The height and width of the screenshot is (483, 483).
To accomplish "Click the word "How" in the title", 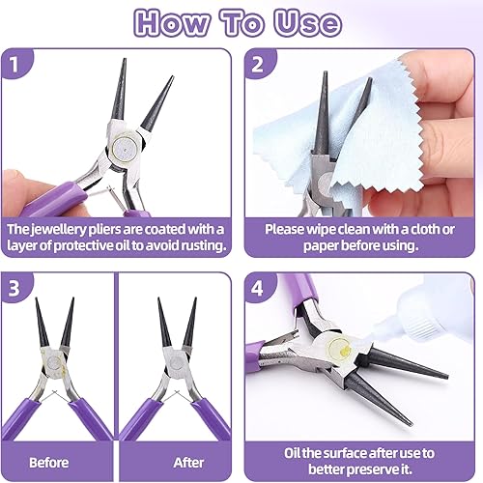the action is point(172,22).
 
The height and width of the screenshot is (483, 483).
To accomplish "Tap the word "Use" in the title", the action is point(307,22).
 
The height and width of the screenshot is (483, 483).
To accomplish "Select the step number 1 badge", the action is point(14,64).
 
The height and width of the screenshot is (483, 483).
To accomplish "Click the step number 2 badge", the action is point(257,65).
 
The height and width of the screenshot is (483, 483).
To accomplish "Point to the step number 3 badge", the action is point(14,288).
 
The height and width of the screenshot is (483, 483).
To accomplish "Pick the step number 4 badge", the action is point(257,288).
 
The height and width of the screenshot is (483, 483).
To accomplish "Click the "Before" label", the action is point(49,463).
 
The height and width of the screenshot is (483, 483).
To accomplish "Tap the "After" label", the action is point(188,463).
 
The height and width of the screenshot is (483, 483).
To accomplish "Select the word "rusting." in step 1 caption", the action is point(203,245).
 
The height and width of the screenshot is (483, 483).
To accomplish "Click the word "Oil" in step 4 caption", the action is point(292,453).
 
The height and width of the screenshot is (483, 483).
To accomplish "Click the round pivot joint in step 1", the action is point(125,148).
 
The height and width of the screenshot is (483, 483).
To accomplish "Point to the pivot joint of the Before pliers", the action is point(54,363).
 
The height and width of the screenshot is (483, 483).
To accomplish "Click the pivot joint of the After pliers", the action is point(177,361).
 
